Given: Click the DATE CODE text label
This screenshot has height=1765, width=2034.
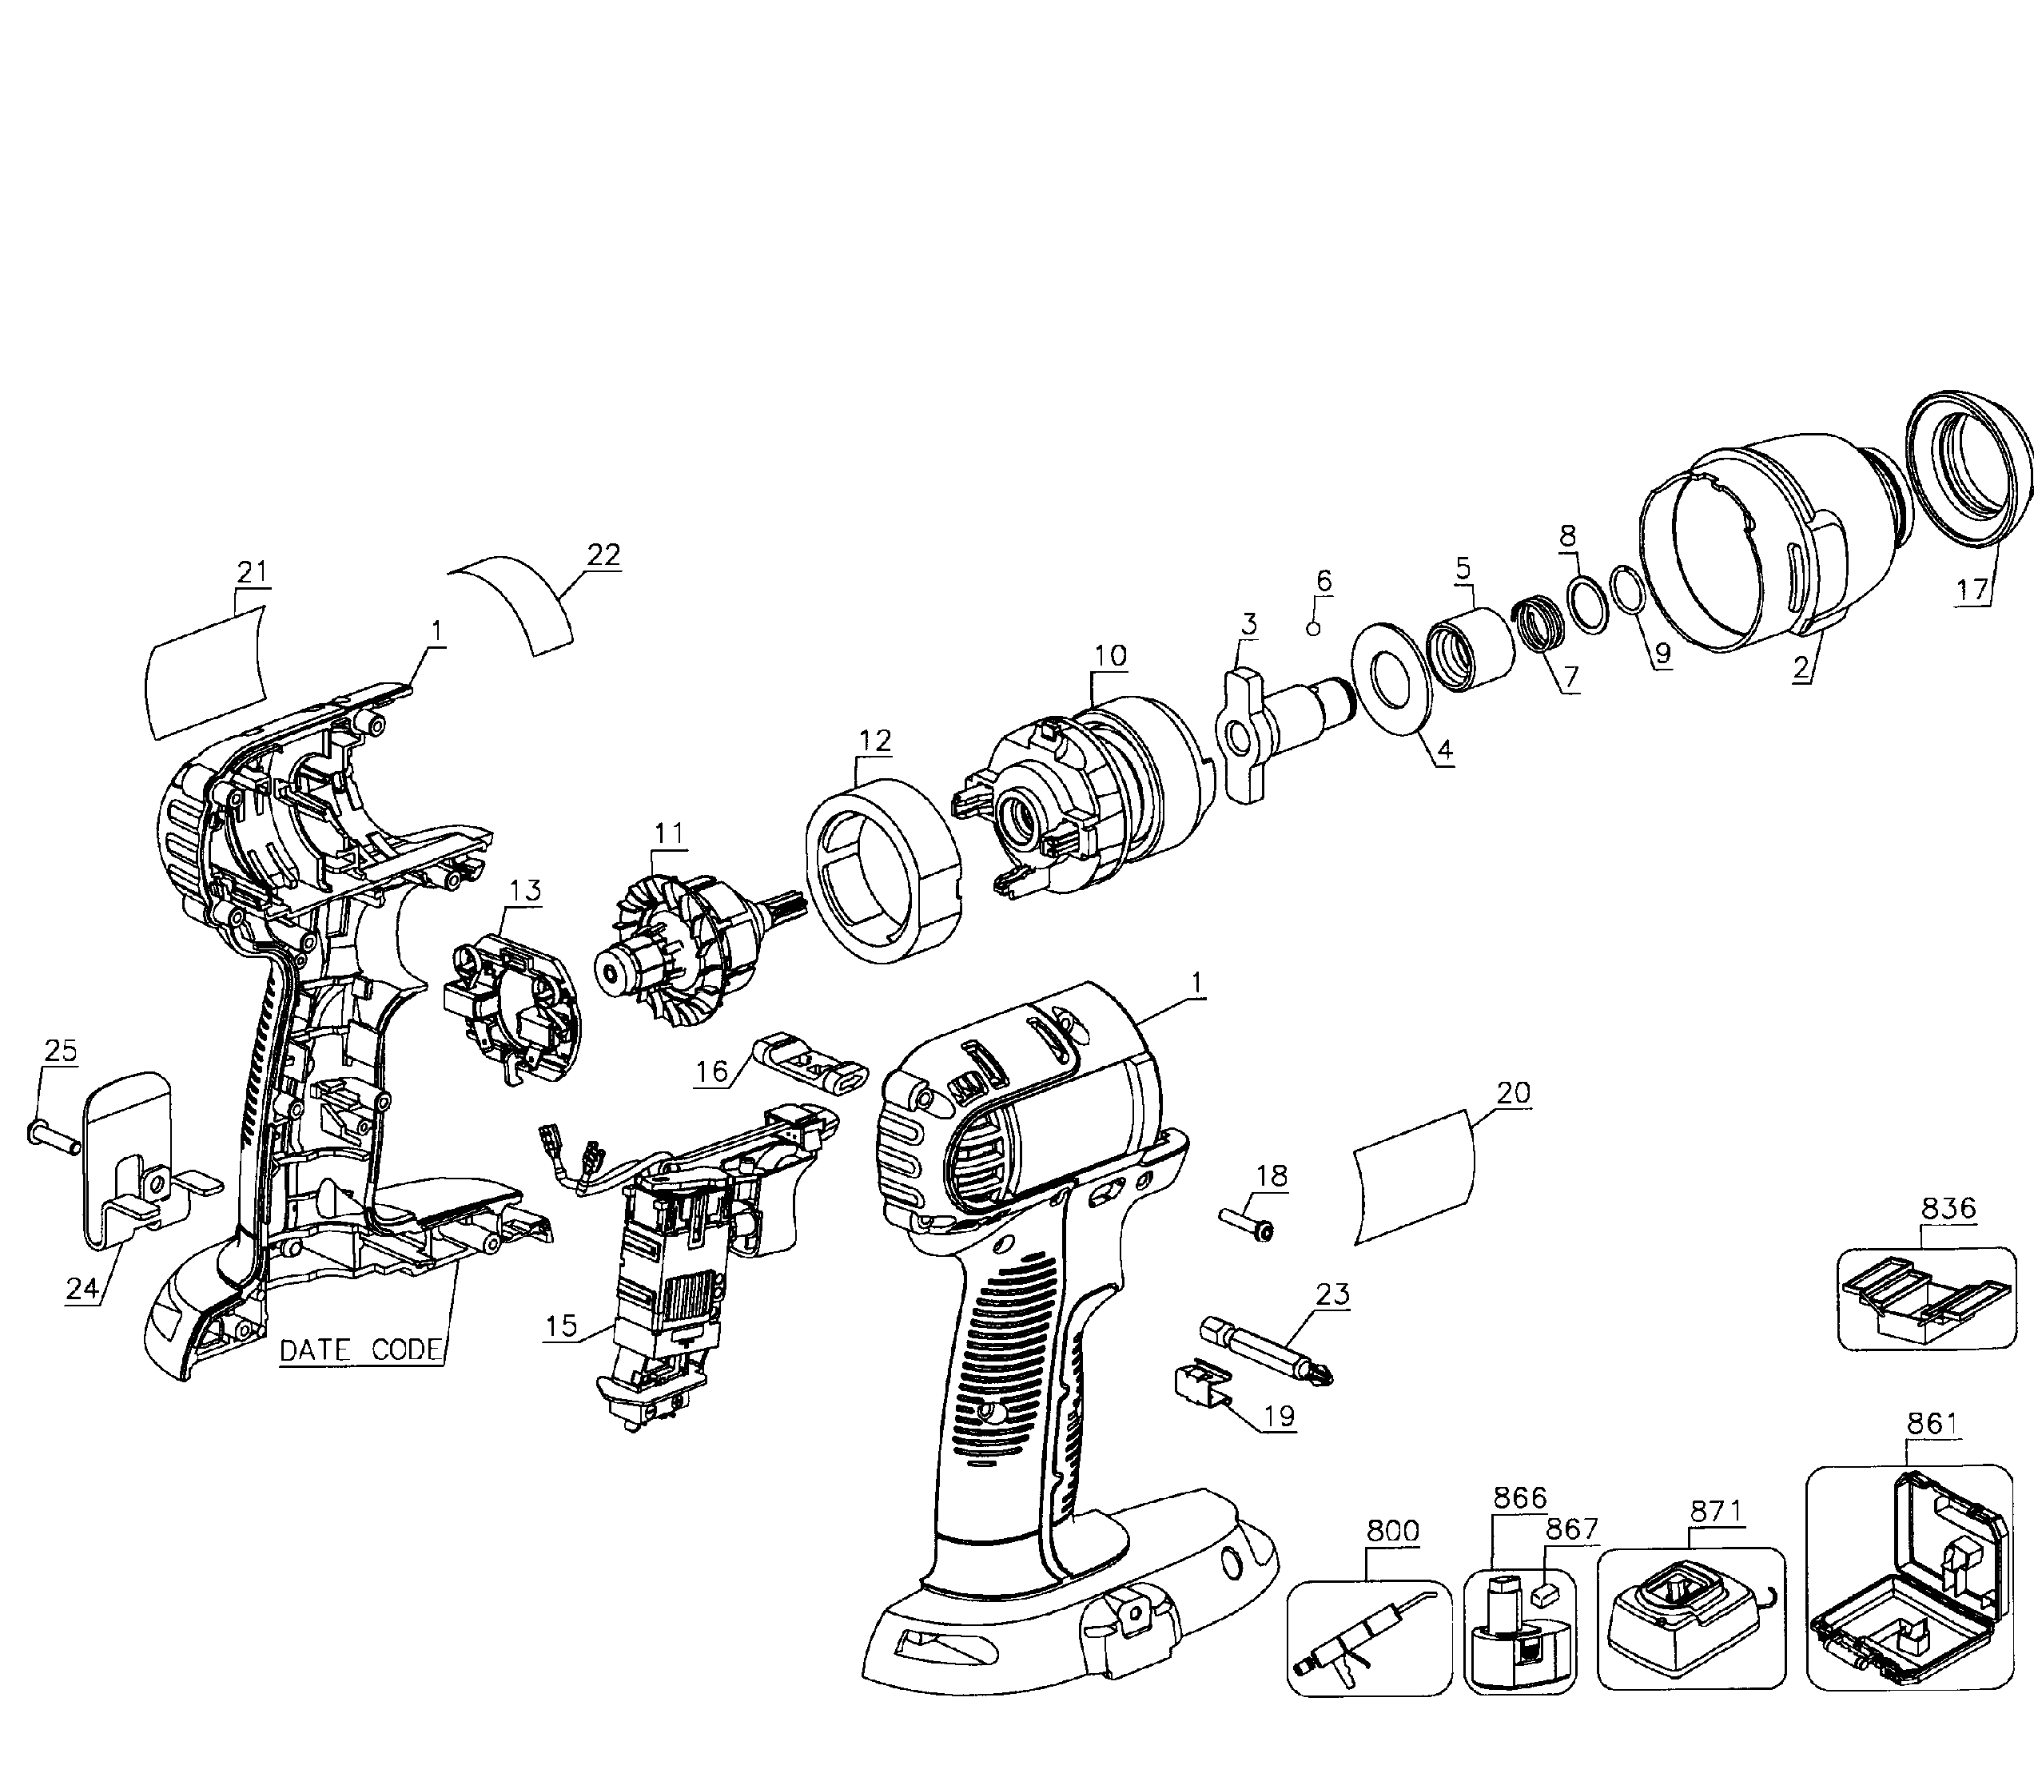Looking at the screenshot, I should [x=360, y=1350].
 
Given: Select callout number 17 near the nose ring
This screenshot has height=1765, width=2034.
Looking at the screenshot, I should [x=1972, y=590].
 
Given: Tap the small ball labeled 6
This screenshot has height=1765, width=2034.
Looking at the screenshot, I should [x=1313, y=628].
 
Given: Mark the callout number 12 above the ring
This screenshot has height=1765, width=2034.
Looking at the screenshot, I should [x=874, y=740].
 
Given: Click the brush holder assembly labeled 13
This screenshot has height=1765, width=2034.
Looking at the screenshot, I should [x=514, y=1012].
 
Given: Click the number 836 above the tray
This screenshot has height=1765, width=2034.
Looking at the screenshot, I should [x=1948, y=1206].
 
